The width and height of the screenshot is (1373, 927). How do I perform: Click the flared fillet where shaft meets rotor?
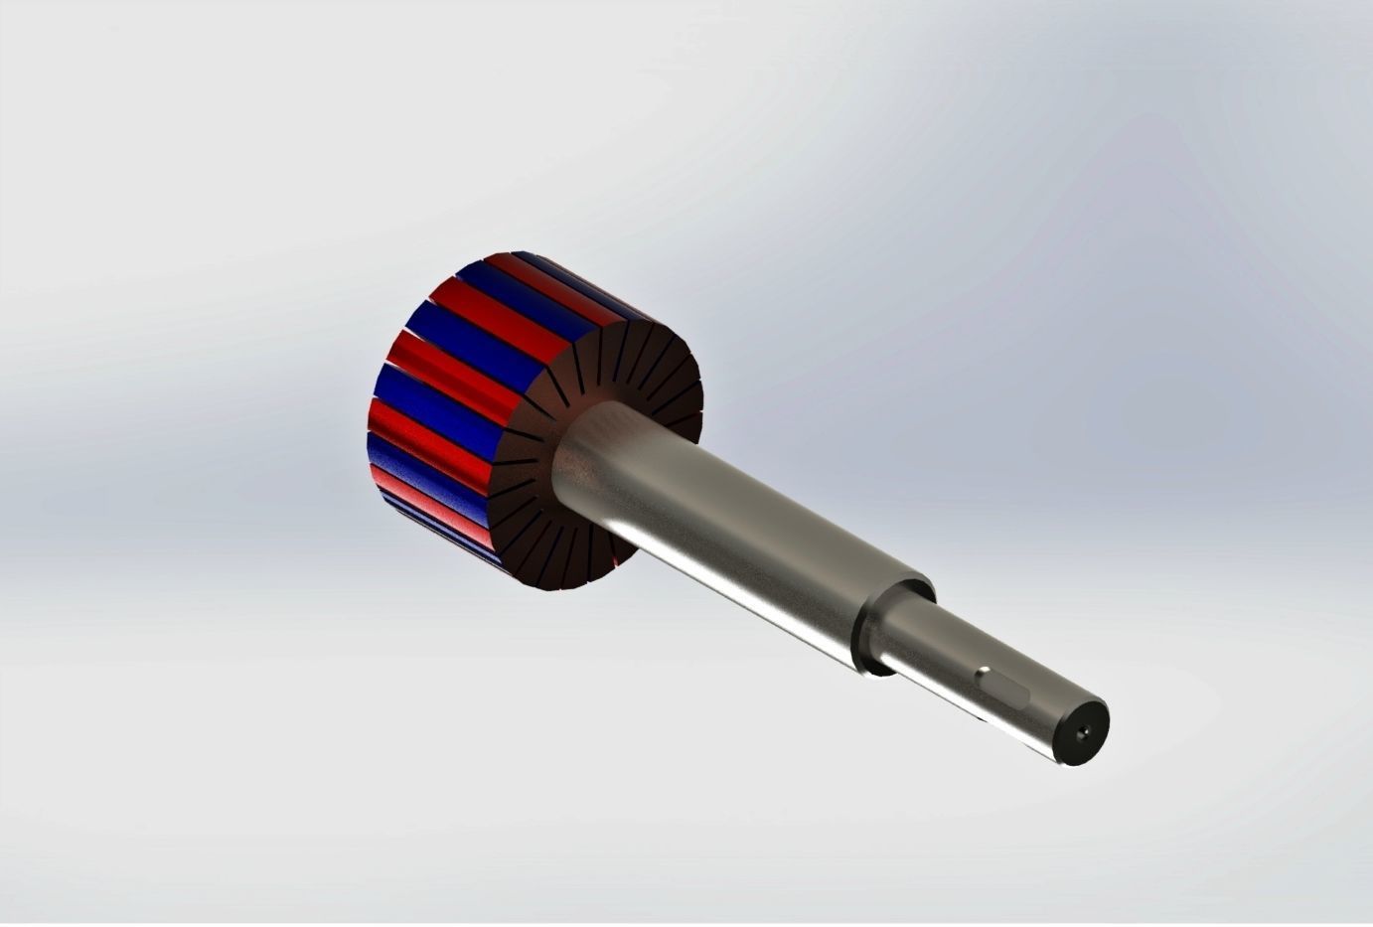581,447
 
